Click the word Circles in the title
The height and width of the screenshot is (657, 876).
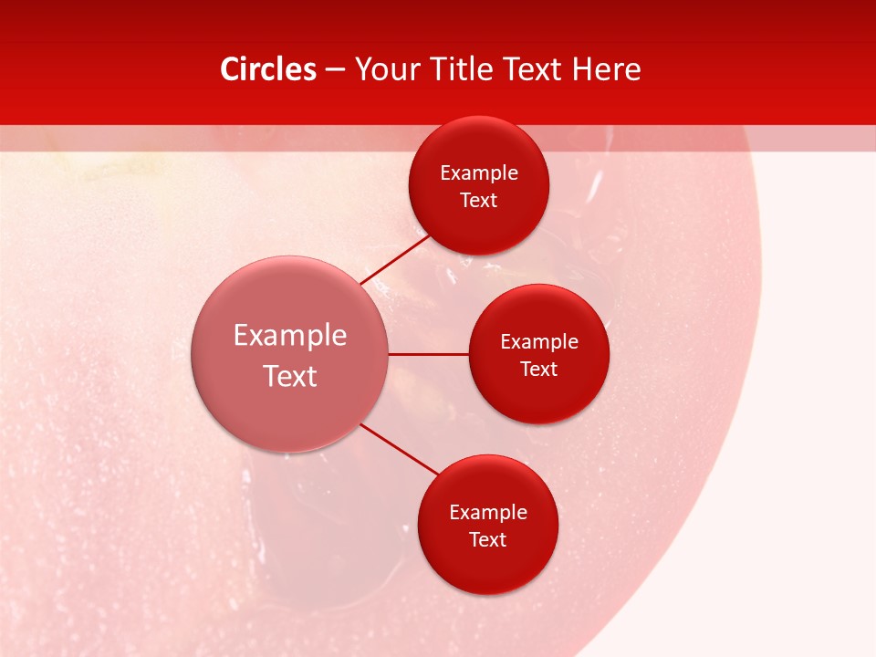point(267,69)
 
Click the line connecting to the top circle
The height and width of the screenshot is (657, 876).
point(395,259)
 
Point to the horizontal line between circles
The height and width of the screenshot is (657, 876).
point(428,354)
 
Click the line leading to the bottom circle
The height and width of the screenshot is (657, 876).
point(400,450)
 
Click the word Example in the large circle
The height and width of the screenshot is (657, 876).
point(290,336)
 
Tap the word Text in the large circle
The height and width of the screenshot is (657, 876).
point(290,376)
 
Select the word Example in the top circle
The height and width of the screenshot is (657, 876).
point(478,173)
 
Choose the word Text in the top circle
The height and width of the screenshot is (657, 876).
point(478,201)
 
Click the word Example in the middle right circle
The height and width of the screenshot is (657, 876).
point(538,342)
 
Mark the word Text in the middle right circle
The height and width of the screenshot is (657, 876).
point(538,370)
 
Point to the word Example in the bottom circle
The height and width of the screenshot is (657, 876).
point(487,513)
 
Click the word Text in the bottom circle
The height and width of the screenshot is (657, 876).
point(487,540)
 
